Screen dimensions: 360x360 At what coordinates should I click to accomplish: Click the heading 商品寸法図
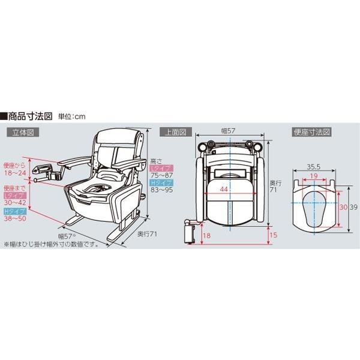click(30, 116)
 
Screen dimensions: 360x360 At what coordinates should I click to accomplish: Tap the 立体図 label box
click(23, 132)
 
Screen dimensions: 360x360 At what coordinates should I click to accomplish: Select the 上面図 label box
click(176, 132)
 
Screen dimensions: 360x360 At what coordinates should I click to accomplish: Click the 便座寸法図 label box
click(312, 132)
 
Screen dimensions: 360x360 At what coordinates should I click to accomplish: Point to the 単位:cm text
click(71, 116)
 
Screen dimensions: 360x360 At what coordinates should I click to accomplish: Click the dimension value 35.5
click(314, 167)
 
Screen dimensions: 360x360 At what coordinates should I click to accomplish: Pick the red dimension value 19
click(314, 176)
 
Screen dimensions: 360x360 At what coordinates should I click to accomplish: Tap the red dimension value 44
click(224, 189)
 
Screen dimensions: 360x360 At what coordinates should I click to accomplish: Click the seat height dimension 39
click(353, 207)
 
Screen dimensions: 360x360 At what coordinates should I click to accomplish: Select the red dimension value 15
click(274, 235)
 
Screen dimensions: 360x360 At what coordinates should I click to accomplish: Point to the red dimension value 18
click(206, 236)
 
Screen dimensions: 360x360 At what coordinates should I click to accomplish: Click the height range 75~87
click(161, 175)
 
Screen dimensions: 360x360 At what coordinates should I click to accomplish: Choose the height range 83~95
click(161, 190)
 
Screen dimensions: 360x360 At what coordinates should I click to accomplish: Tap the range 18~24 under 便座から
click(15, 173)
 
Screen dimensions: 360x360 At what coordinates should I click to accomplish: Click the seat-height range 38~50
click(15, 218)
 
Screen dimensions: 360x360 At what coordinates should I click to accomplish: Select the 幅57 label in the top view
click(228, 131)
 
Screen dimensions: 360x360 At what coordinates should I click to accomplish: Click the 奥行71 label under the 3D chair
click(147, 234)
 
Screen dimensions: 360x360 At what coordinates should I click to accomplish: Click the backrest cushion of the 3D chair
click(117, 137)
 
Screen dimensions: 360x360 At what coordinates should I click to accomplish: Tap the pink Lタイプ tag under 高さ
click(161, 168)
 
